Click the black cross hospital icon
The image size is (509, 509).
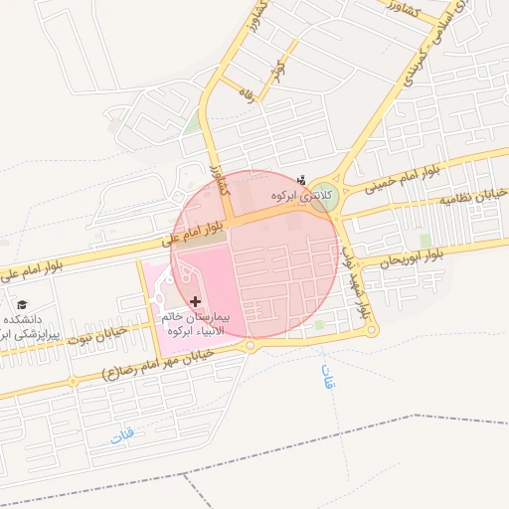195,300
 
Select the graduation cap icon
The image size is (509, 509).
22,304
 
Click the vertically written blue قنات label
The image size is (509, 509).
329,378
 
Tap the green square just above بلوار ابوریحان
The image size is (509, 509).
425,241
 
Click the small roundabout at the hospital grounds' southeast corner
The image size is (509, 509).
251,346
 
